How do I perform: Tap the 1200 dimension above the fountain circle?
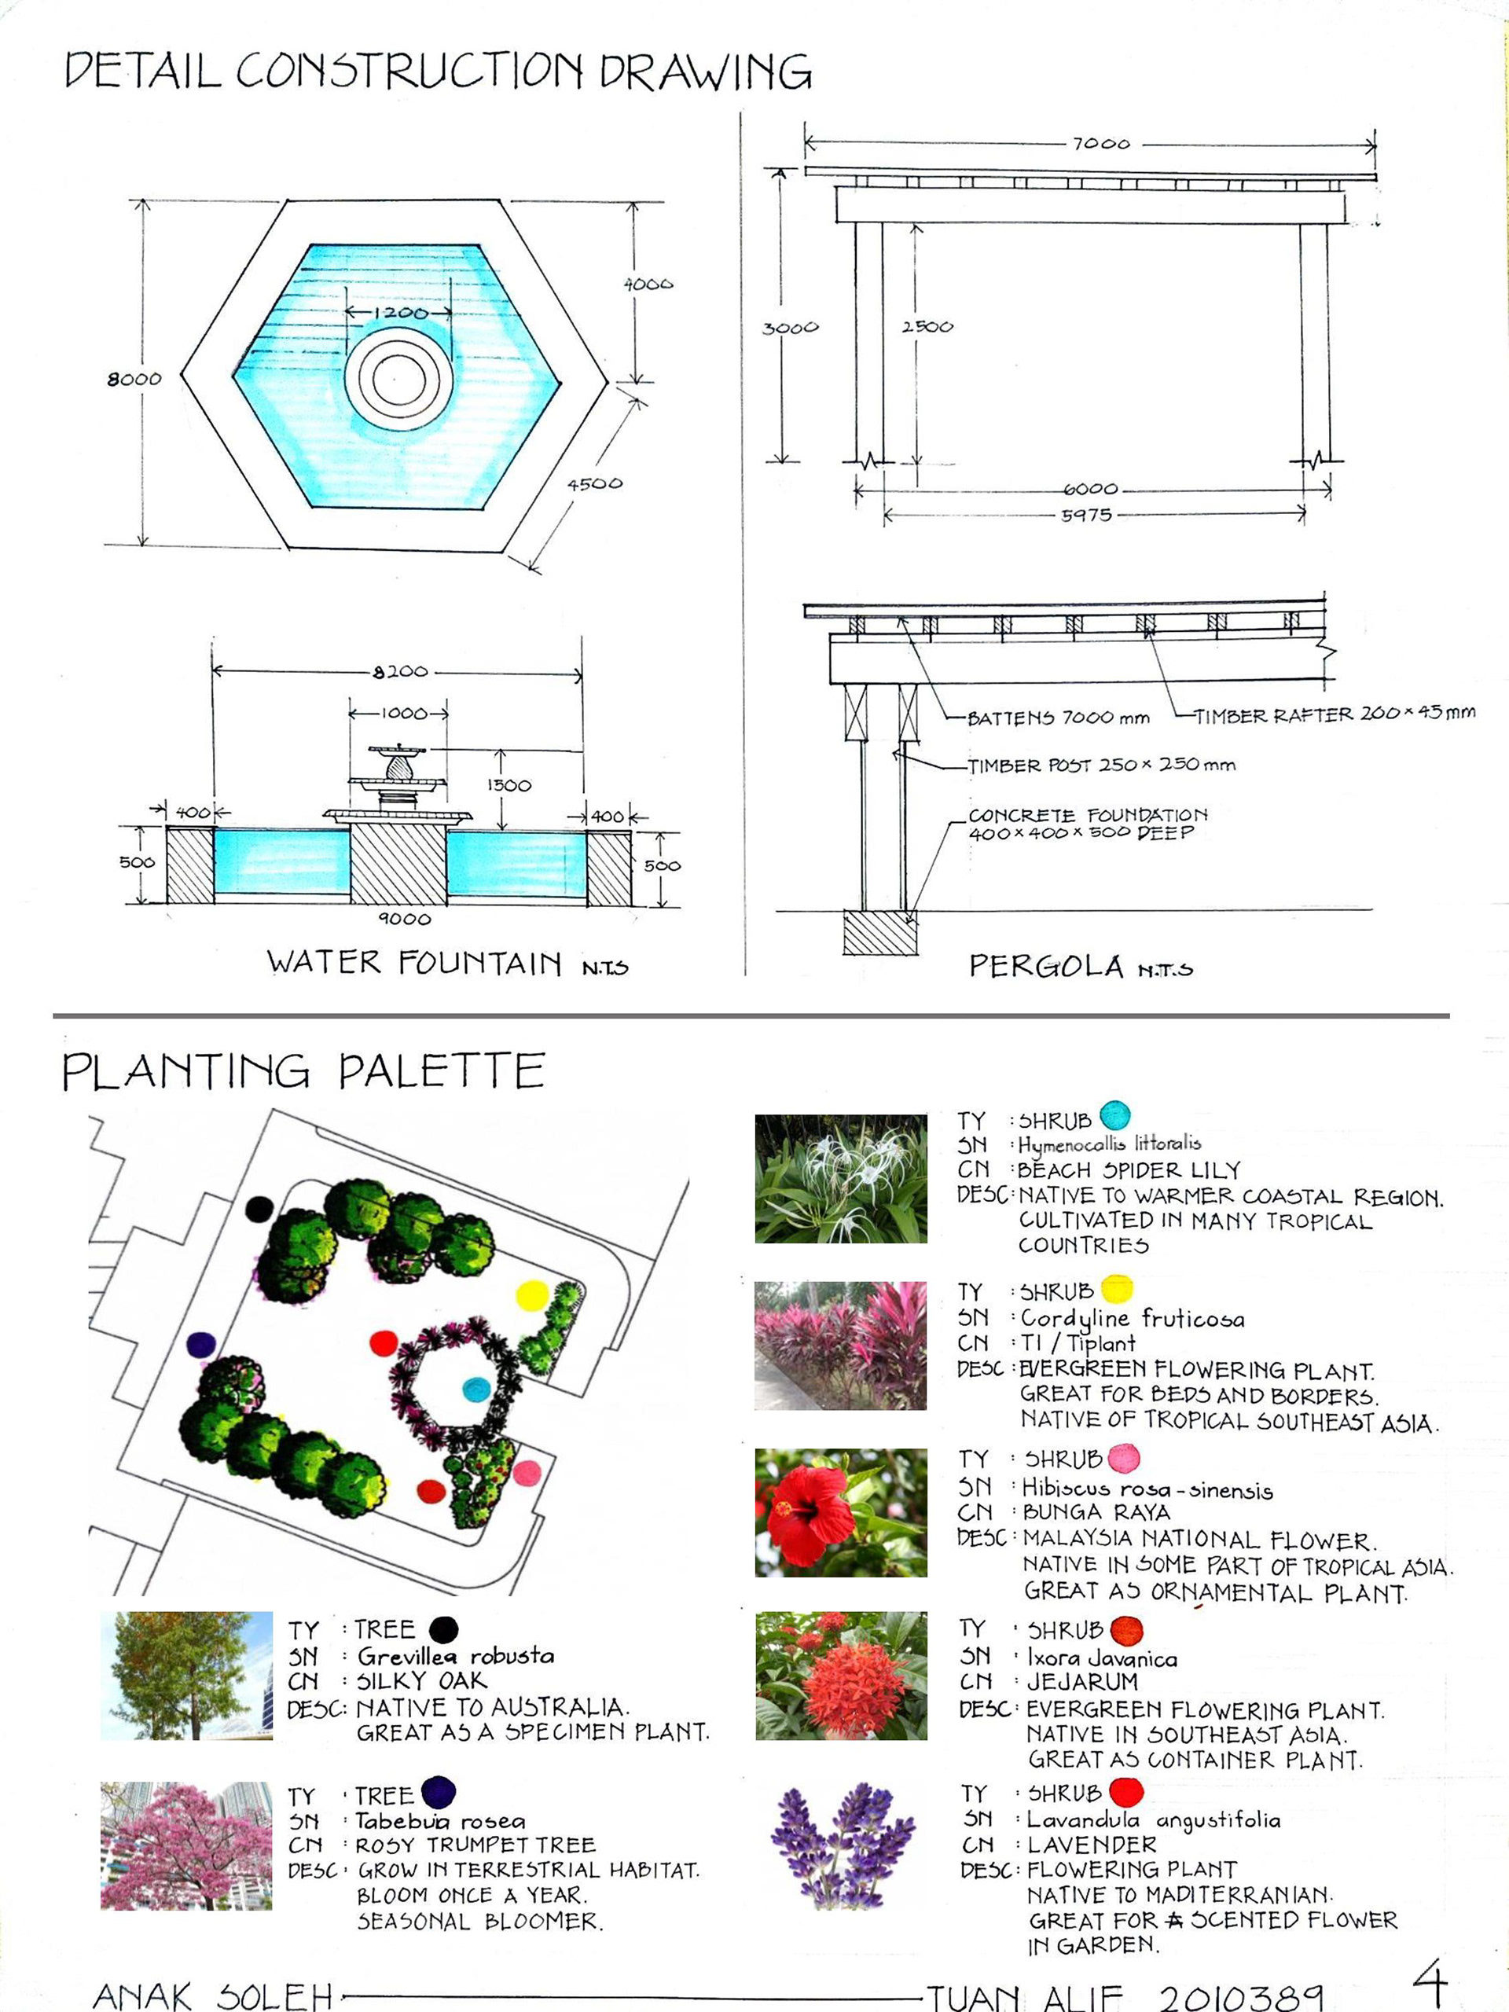[x=400, y=313]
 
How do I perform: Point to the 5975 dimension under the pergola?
[x=1086, y=515]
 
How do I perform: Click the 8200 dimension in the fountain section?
[x=400, y=671]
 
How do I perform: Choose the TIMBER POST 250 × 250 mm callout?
[x=1100, y=765]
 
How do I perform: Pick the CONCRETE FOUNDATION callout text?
[x=1088, y=823]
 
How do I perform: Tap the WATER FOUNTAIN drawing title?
[x=414, y=962]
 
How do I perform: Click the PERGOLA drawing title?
[x=1045, y=965]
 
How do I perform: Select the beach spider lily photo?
[x=840, y=1179]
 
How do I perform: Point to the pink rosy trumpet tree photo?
[x=186, y=1845]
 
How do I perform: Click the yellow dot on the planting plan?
[x=532, y=1295]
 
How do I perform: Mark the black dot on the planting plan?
[x=260, y=1209]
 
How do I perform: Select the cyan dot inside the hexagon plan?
[x=475, y=1389]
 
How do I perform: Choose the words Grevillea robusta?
[x=456, y=1655]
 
